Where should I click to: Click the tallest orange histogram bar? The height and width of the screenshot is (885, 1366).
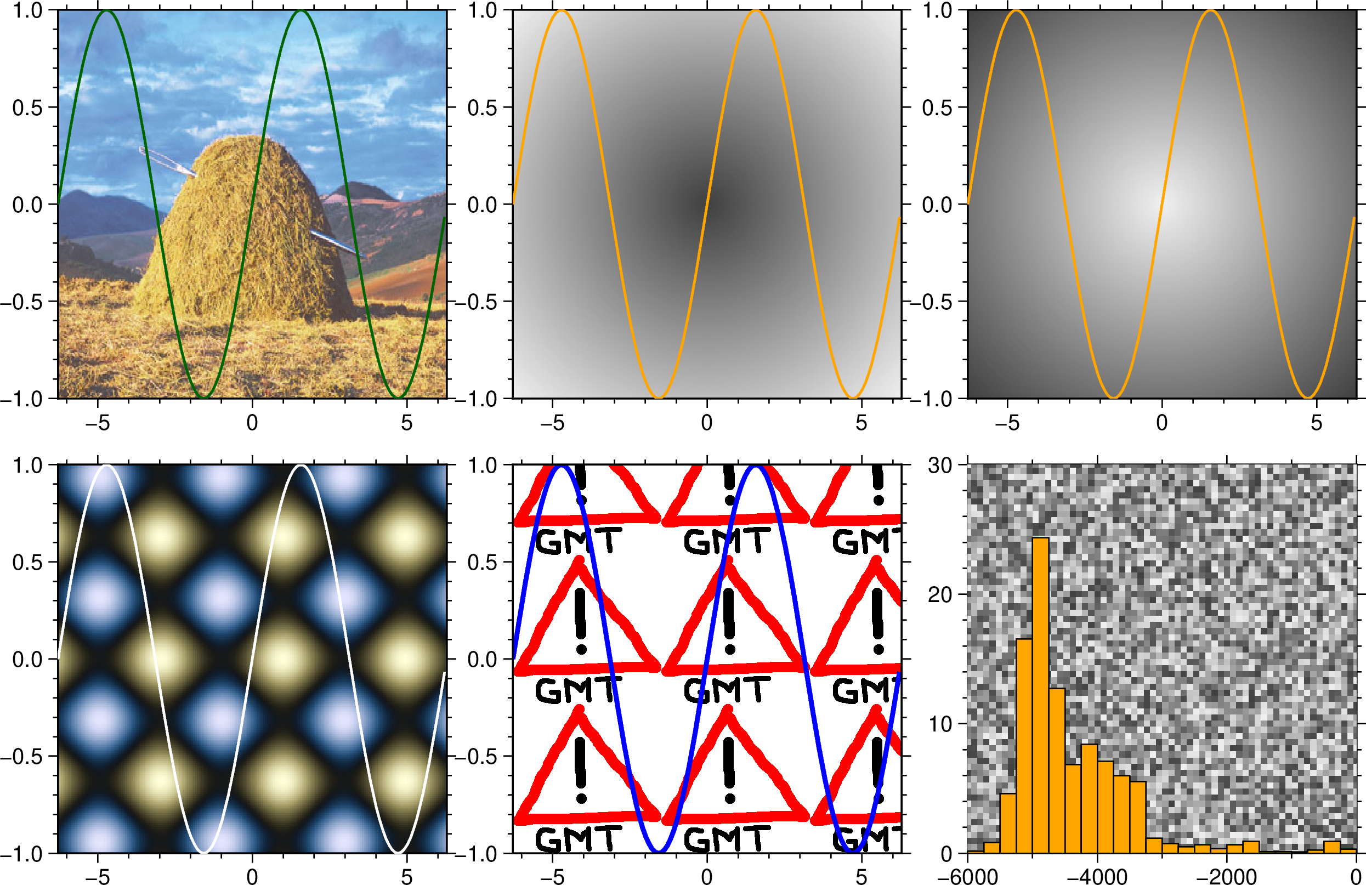1040,694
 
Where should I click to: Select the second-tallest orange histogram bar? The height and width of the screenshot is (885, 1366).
1024,746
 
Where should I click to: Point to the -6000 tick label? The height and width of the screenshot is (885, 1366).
967,876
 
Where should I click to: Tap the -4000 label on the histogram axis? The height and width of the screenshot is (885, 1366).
1097,876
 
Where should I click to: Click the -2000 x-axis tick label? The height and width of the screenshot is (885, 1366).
1227,876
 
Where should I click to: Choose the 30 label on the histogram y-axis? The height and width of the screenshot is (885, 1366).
940,466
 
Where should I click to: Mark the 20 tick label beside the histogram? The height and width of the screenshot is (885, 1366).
940,594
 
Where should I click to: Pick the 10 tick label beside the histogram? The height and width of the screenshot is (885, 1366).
940,724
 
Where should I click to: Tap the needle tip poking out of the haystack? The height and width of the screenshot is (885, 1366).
359,254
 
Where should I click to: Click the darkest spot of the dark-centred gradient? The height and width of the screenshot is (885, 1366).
706,204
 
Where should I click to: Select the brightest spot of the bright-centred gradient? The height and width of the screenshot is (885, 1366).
1161,204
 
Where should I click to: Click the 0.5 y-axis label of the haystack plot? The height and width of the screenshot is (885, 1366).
27,107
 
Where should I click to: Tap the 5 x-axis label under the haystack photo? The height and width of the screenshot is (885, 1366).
406,423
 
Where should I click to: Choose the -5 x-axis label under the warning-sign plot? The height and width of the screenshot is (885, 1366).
552,876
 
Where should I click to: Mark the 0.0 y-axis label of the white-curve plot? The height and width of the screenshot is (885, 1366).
27,660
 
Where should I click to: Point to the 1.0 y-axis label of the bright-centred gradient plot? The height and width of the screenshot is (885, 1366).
937,10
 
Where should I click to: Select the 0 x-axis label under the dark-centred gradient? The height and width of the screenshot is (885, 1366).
706,423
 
